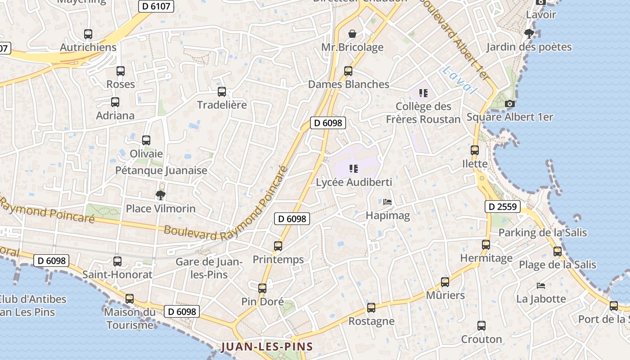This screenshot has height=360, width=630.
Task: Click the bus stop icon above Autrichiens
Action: (88, 34)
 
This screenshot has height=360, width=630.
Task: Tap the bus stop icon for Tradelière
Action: (222, 92)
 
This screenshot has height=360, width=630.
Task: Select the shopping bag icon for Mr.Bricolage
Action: (352, 34)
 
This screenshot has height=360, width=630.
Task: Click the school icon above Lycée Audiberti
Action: (354, 169)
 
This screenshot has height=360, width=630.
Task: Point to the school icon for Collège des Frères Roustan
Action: (423, 93)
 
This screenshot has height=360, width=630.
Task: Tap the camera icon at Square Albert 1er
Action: (510, 104)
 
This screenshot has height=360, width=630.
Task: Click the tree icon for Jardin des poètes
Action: (529, 33)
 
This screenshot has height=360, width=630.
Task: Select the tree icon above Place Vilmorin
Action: (160, 195)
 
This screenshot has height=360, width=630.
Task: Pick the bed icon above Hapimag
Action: (387, 202)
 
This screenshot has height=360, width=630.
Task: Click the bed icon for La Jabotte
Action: (541, 286)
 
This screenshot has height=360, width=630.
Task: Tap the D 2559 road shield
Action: (503, 207)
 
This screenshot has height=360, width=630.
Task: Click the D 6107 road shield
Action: (155, 6)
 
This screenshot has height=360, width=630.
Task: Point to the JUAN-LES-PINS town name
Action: (267, 347)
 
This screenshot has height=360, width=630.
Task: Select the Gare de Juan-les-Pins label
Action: (209, 268)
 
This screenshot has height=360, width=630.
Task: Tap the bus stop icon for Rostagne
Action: (371, 308)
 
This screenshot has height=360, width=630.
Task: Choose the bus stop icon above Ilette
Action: (475, 150)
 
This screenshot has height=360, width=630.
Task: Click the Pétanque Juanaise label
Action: (161, 171)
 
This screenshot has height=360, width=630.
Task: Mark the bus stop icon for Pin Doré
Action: (262, 288)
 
